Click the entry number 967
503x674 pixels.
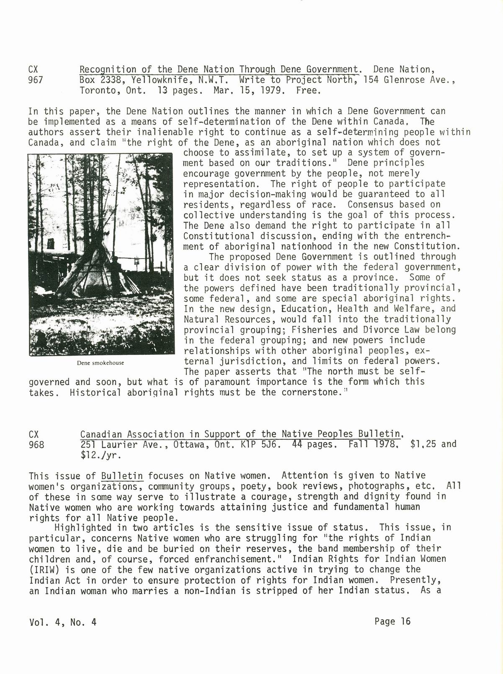[35, 79]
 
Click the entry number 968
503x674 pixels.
[36, 444]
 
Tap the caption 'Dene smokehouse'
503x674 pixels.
[101, 363]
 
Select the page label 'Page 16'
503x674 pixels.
[393, 621]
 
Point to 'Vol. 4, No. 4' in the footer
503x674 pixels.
[63, 622]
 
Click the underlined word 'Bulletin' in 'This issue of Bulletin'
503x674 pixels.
[122, 476]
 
